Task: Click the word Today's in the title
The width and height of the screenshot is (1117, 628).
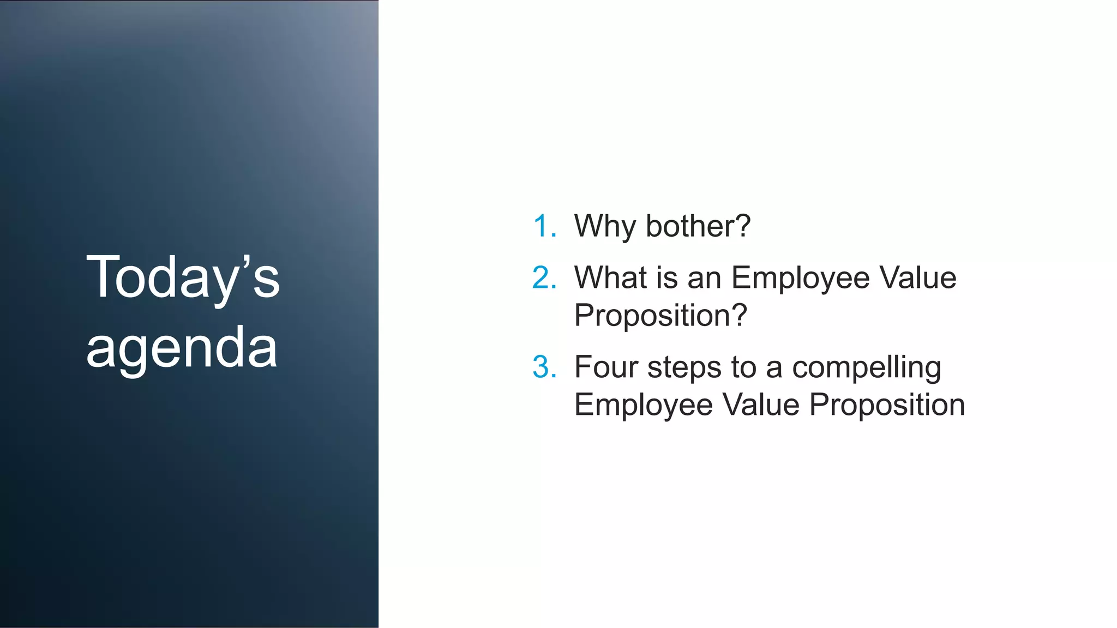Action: [183, 278]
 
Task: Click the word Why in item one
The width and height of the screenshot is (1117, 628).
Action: [605, 227]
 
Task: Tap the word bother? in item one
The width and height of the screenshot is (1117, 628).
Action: [698, 226]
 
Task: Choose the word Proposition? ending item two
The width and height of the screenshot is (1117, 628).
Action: [660, 316]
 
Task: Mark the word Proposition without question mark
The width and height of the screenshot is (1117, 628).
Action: [887, 406]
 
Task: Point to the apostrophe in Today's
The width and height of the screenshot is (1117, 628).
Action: [246, 261]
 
